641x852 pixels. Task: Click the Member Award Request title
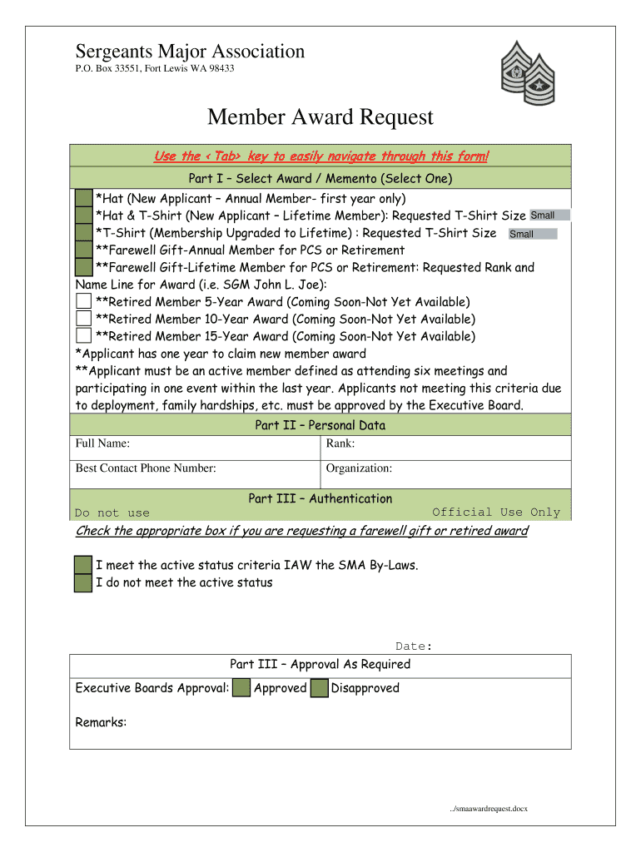[320, 117]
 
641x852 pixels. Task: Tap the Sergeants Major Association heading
[190, 52]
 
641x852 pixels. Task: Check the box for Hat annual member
[83, 198]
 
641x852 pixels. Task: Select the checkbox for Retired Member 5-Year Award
[83, 301]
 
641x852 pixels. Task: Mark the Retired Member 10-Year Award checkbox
[83, 319]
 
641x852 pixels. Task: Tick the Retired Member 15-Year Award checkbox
[83, 336]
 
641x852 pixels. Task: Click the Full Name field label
[102, 444]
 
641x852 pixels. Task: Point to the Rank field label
[340, 444]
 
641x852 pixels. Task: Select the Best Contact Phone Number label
[146, 468]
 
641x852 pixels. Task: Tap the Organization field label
[359, 468]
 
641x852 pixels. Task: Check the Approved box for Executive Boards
[241, 688]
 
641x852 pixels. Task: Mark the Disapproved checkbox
[319, 688]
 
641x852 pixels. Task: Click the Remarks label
[101, 722]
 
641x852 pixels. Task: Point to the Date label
[413, 646]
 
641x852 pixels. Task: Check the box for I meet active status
[83, 565]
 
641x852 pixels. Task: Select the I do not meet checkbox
[83, 582]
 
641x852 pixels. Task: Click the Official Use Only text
[496, 513]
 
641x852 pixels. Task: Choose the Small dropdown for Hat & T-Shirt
[549, 215]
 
